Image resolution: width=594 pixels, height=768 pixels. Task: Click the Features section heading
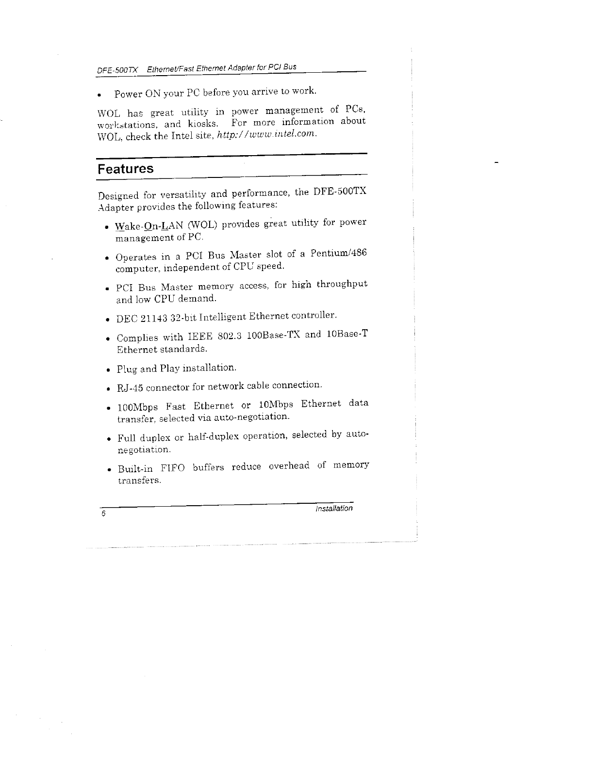[x=125, y=169]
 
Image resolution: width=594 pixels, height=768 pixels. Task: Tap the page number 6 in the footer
[x=103, y=514]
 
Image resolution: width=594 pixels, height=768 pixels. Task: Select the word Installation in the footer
[x=334, y=509]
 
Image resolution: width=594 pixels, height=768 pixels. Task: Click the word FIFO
[x=170, y=468]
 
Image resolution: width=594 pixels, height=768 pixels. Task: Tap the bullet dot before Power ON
[x=99, y=94]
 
